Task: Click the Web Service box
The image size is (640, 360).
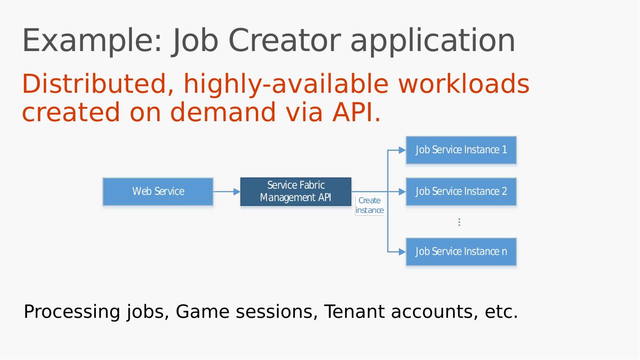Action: [158, 192]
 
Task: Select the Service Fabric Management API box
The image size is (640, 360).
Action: [296, 192]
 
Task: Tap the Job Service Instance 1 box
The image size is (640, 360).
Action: [461, 150]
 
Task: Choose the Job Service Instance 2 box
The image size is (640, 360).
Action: [461, 192]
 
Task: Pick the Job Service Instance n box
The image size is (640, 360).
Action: [461, 252]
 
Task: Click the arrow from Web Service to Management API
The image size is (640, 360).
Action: [227, 192]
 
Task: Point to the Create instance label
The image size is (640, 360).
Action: [370, 206]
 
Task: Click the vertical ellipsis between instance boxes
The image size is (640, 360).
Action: [459, 222]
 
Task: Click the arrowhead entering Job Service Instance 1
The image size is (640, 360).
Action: [402, 150]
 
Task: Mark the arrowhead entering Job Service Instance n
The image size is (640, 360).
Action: [402, 252]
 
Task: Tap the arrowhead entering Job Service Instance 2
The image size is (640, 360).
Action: [402, 192]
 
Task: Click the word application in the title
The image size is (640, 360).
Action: [433, 41]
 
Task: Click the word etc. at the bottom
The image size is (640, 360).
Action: [501, 312]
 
